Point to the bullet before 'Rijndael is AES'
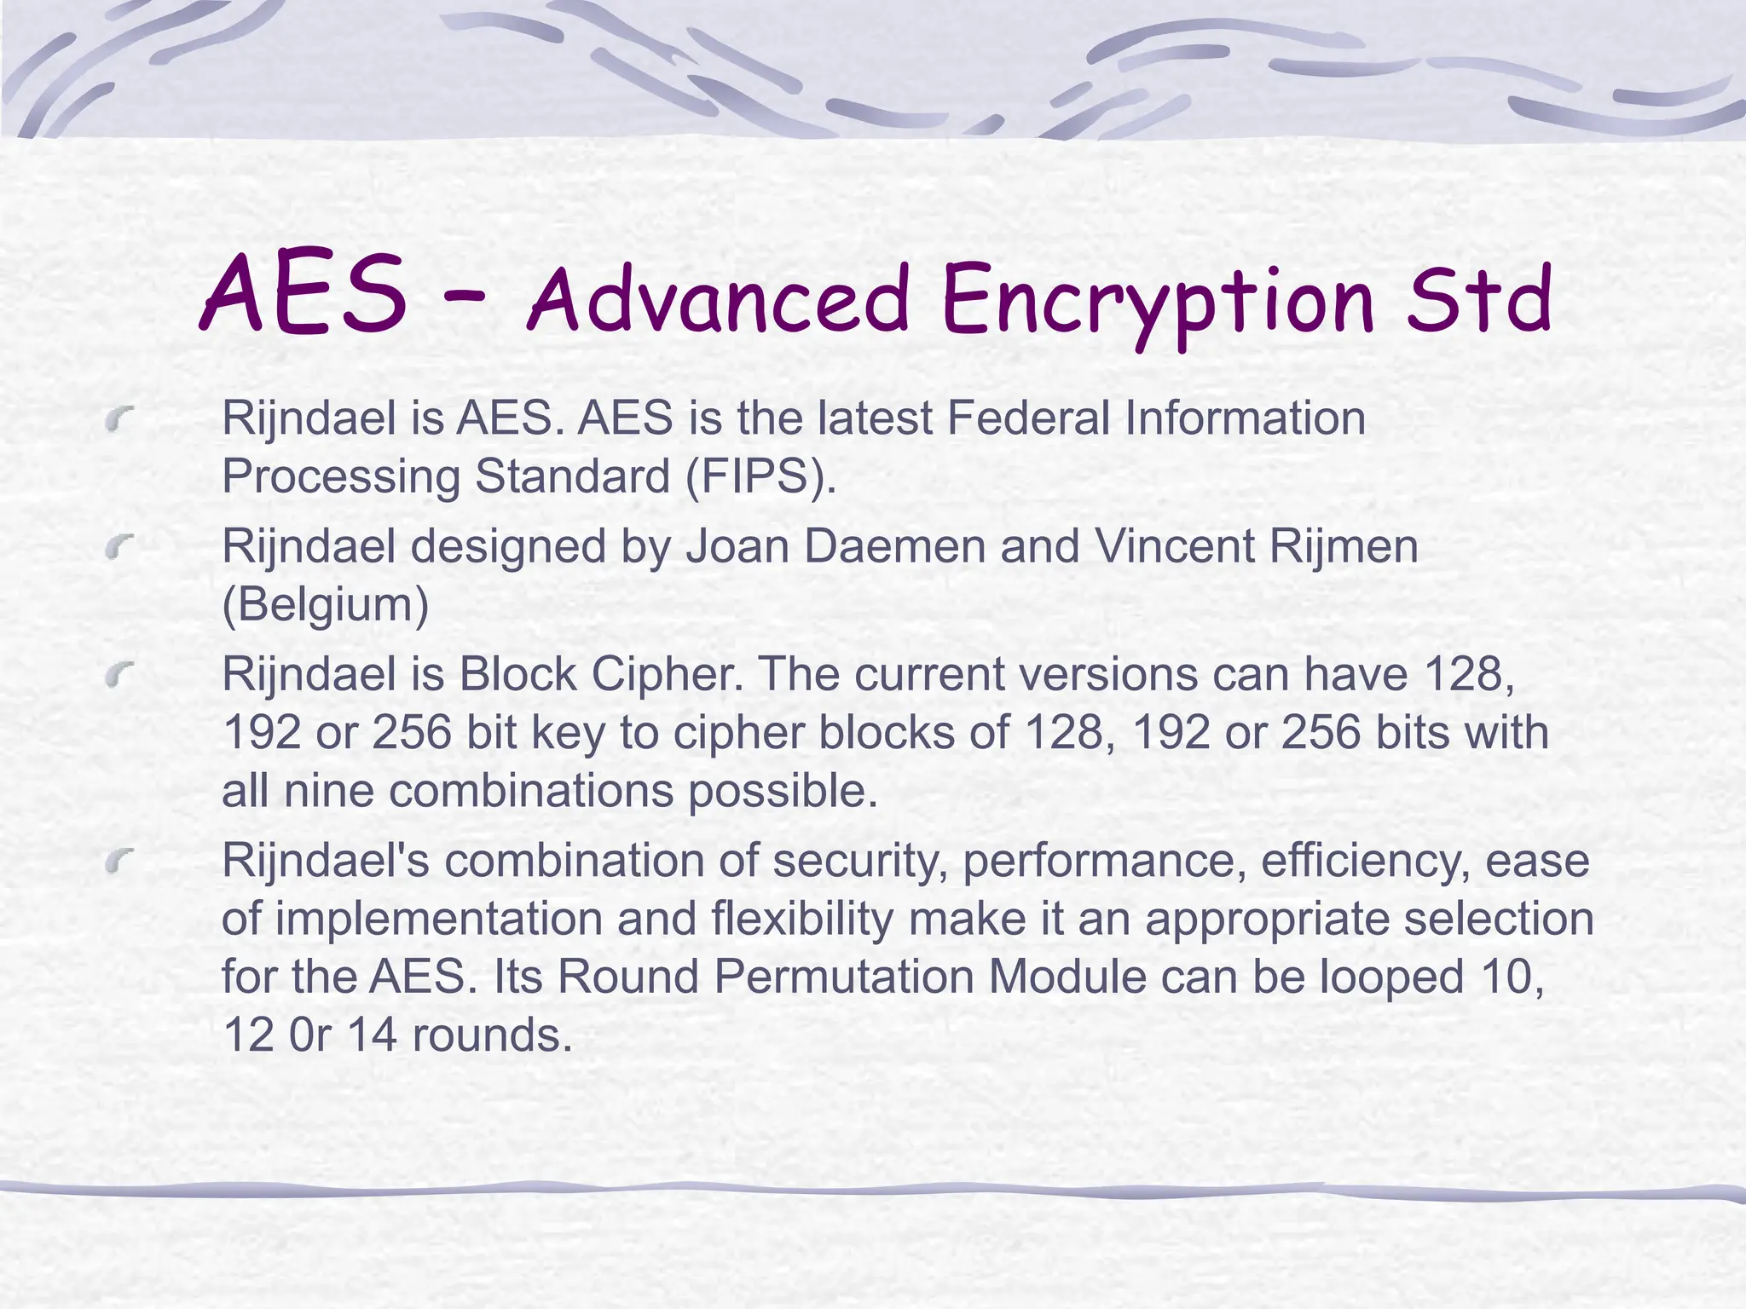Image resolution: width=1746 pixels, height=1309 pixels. [x=121, y=418]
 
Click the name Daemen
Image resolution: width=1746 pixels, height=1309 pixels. [x=894, y=546]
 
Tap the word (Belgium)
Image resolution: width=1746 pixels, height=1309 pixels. [x=325, y=604]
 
